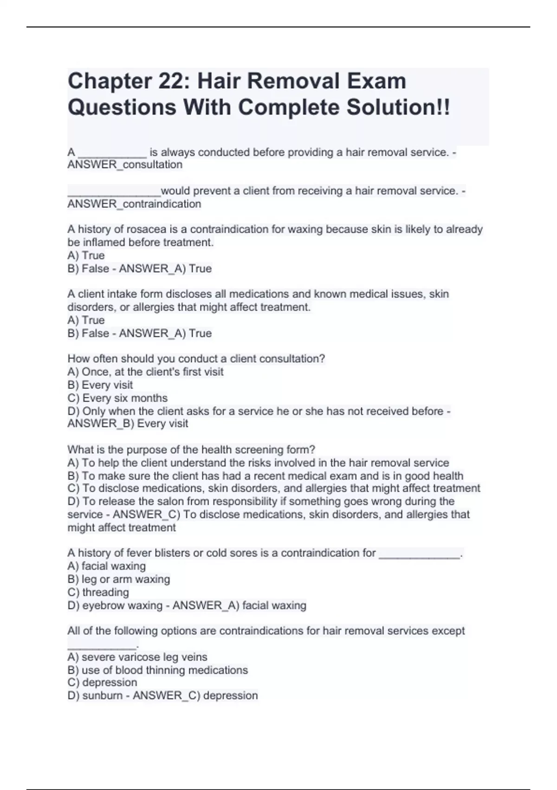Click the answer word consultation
153,165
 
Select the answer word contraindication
162,204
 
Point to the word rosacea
146,230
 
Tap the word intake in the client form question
122,294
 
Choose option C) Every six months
117,398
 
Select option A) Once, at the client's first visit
145,372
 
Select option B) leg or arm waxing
118,579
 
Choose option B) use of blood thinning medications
157,670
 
